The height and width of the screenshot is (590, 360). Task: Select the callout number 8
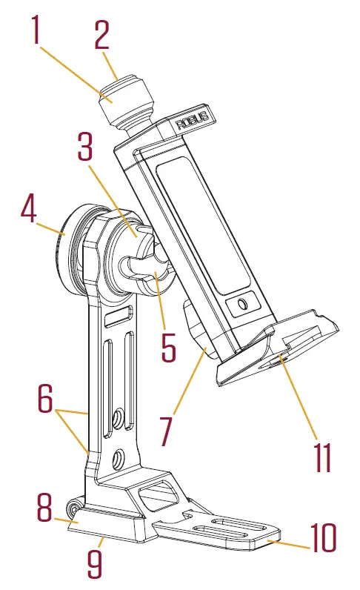pos(44,508)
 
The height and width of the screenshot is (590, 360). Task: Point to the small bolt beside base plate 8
pos(73,509)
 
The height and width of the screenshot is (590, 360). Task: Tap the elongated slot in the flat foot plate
pos(221,529)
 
